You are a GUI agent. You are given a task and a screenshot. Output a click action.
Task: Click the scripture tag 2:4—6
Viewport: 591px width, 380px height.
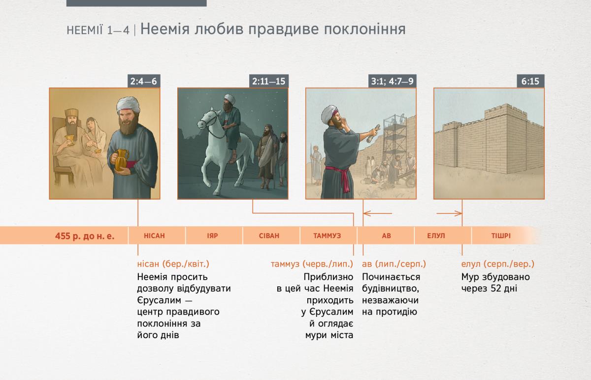pyautogui.click(x=144, y=81)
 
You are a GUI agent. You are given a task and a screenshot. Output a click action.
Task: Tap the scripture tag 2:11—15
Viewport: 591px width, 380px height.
pyautogui.click(x=269, y=81)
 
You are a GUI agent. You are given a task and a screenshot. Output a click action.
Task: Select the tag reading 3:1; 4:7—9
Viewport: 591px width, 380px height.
pyautogui.click(x=393, y=81)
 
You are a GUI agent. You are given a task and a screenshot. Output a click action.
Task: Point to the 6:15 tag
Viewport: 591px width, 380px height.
pyautogui.click(x=530, y=81)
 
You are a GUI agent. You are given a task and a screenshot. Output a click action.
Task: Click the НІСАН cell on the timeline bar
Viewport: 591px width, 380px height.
pyautogui.click(x=154, y=236)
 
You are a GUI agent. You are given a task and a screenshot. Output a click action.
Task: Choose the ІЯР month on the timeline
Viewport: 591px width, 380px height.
pyautogui.click(x=212, y=236)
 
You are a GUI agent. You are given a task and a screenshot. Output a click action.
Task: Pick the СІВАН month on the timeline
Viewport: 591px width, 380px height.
pyautogui.click(x=269, y=236)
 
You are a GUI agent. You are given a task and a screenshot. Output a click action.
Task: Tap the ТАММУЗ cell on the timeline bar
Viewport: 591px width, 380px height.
pyautogui.click(x=327, y=236)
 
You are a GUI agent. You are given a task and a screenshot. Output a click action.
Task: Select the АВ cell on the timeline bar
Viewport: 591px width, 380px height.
pyautogui.click(x=386, y=236)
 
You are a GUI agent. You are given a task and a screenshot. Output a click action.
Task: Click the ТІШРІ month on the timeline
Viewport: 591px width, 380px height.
pyautogui.click(x=501, y=236)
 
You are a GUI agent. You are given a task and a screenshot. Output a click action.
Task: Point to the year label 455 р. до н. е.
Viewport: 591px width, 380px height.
pyautogui.click(x=85, y=236)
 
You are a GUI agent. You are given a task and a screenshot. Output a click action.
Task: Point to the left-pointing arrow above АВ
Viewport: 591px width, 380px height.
pyautogui.click(x=378, y=213)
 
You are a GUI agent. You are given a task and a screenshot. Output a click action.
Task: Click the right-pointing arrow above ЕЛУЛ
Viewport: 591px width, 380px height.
pyautogui.click(x=449, y=213)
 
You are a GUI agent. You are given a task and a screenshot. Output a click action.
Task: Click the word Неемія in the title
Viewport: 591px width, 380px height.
pyautogui.click(x=165, y=29)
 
